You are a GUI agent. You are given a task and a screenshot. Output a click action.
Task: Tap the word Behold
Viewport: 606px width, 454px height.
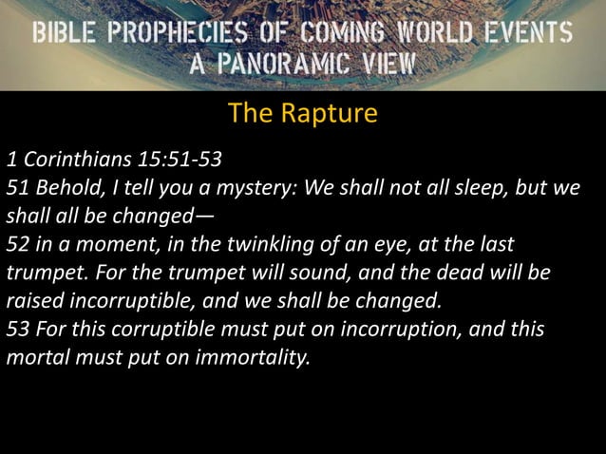(65, 185)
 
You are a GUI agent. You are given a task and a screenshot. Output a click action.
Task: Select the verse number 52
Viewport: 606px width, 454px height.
(18, 244)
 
